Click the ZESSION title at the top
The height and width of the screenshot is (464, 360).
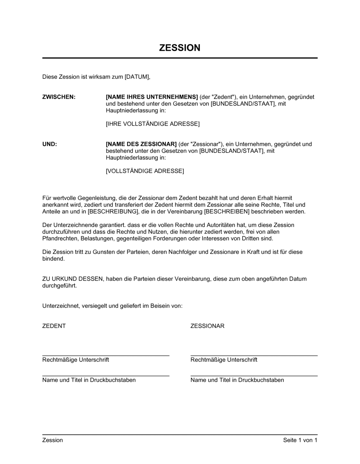(x=180, y=48)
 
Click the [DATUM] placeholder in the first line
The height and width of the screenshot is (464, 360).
(x=137, y=77)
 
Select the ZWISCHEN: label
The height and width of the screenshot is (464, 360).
(x=59, y=97)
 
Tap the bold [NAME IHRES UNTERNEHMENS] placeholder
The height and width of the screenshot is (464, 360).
(x=152, y=97)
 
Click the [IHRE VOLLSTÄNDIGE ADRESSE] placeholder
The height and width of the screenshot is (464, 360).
(x=153, y=124)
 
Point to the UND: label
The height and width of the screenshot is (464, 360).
(x=50, y=144)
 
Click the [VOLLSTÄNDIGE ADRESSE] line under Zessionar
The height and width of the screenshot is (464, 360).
(x=145, y=171)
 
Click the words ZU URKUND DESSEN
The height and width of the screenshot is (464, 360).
(x=72, y=279)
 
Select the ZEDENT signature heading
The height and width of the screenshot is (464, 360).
(x=54, y=326)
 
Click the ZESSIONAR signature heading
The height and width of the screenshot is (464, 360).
(x=207, y=326)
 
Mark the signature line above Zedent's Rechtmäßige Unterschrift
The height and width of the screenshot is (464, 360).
(x=106, y=355)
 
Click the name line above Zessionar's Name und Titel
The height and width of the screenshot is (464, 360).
(x=254, y=376)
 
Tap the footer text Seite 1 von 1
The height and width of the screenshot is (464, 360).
(x=300, y=440)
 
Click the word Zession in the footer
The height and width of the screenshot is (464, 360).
(x=53, y=440)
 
